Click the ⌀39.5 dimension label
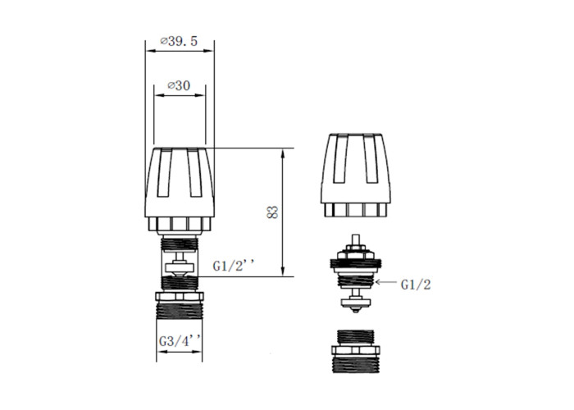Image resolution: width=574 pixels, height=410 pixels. point(179,41)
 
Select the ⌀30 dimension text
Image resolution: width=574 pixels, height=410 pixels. point(179,85)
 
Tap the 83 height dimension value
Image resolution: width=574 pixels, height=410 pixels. point(273,212)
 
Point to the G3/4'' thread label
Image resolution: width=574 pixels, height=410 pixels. point(180,341)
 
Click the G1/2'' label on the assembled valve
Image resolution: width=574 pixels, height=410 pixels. point(232,266)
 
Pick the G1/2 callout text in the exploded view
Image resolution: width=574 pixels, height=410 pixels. point(416,285)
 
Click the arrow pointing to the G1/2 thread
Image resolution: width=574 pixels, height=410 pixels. point(386,282)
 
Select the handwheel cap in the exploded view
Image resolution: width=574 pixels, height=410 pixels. point(355,175)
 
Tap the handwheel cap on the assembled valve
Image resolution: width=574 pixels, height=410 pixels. point(180,190)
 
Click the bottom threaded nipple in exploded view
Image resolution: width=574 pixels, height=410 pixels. point(355,352)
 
